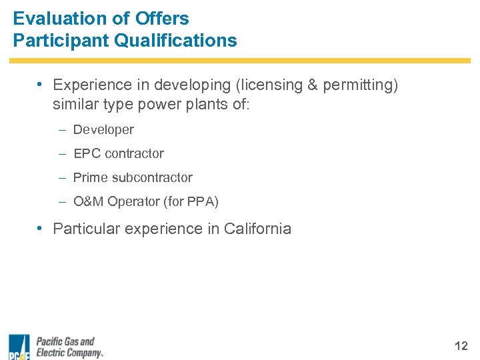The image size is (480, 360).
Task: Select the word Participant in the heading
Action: click(61, 41)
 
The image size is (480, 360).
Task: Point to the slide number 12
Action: click(461, 346)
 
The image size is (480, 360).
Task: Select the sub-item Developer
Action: click(103, 129)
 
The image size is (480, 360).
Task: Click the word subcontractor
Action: click(152, 177)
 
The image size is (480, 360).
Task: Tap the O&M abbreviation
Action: click(89, 201)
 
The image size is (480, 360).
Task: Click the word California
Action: click(257, 229)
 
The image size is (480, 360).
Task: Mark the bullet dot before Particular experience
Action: click(41, 228)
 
